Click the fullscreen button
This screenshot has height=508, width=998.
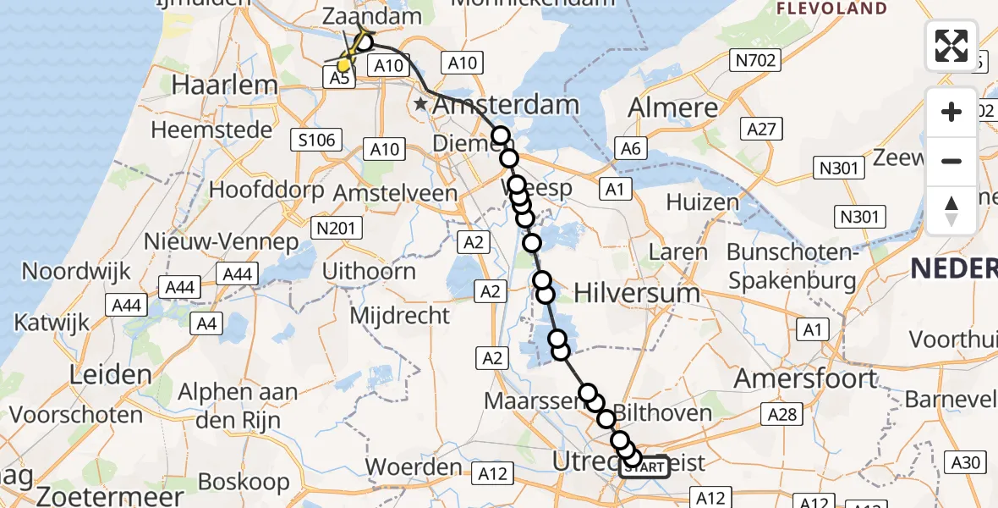coord(951,46)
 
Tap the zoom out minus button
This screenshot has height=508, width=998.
coord(951,161)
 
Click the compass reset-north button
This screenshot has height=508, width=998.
coord(951,210)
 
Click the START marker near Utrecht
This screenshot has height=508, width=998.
coord(644,467)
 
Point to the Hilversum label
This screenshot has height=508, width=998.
coord(636,293)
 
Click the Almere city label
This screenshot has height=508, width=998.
coord(673,108)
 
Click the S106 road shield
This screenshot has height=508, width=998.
coord(316,141)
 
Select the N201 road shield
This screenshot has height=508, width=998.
coord(337,227)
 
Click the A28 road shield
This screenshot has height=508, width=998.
coord(782,414)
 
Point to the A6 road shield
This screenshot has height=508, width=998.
coord(630,149)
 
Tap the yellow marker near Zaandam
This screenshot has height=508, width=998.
coord(344,64)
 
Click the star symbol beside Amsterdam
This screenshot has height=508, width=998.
coord(421,105)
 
